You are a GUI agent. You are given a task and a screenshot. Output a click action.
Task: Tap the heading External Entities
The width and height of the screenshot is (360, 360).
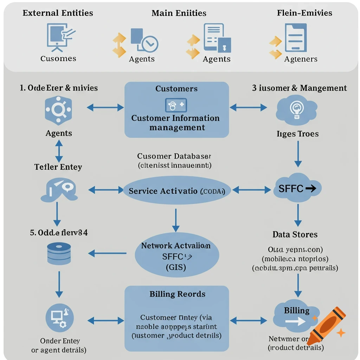click(x=58, y=13)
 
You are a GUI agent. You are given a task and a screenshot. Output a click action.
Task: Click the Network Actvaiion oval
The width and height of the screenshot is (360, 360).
click(x=177, y=256)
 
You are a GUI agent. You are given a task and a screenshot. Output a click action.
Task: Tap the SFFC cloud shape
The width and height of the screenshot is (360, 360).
click(x=297, y=189)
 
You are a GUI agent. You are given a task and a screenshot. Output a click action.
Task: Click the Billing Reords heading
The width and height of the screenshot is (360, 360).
click(x=177, y=294)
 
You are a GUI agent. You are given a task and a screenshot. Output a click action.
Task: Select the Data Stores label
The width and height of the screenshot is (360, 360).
click(x=295, y=234)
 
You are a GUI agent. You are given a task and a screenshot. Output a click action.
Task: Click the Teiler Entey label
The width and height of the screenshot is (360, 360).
click(x=58, y=167)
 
